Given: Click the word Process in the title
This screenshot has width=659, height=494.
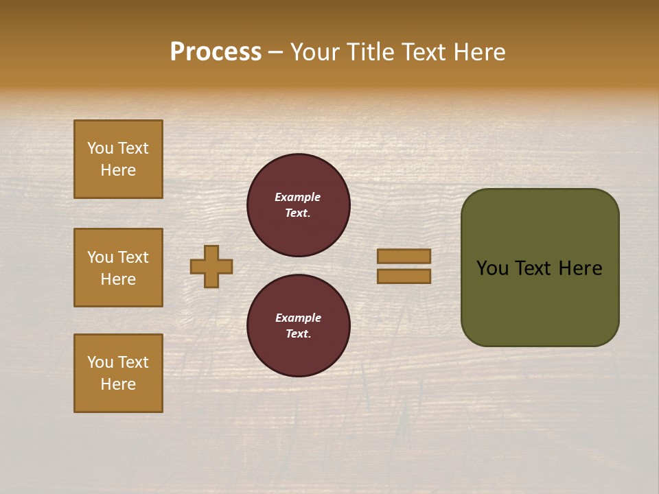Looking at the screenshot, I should pyautogui.click(x=216, y=52).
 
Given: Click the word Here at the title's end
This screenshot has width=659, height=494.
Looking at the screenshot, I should pyautogui.click(x=478, y=52).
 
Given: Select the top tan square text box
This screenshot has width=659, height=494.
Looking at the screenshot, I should pyautogui.click(x=118, y=159).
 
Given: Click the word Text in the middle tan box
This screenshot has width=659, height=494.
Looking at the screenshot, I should pyautogui.click(x=132, y=257).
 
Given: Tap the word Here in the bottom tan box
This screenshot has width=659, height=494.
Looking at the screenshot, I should pyautogui.click(x=118, y=384).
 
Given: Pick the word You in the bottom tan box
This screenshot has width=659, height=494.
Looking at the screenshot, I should pyautogui.click(x=100, y=362).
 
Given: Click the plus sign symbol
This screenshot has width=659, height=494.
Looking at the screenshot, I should pyautogui.click(x=211, y=266).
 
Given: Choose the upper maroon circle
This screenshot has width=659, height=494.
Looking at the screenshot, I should pyautogui.click(x=299, y=205).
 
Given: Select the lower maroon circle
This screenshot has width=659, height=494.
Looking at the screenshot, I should pyautogui.click(x=299, y=326).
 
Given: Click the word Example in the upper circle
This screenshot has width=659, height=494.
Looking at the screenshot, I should pyautogui.click(x=297, y=197).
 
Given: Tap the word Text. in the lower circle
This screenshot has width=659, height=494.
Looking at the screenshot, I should pyautogui.click(x=298, y=334).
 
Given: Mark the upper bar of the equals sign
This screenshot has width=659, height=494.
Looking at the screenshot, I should pyautogui.click(x=404, y=256).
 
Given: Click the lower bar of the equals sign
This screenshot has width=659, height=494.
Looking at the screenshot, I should pyautogui.click(x=404, y=276).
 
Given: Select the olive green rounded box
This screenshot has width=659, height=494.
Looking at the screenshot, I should pyautogui.click(x=540, y=268).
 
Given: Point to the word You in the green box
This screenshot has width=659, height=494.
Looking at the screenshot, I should pyautogui.click(x=492, y=268).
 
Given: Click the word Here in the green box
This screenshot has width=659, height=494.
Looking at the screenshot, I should pyautogui.click(x=580, y=268).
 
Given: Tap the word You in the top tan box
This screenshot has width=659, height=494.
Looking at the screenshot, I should pyautogui.click(x=100, y=148).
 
